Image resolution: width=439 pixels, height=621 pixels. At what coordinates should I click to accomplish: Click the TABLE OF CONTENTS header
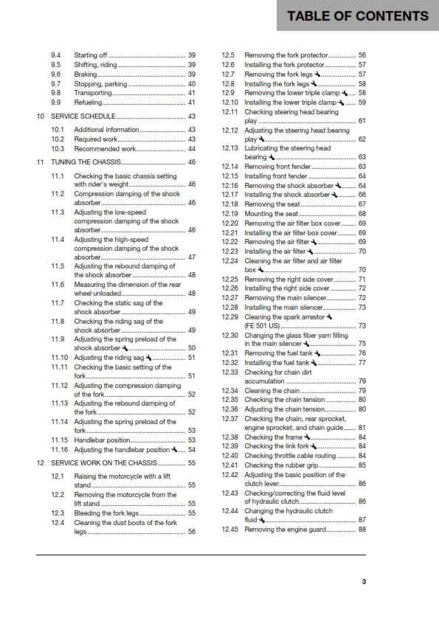point(357,15)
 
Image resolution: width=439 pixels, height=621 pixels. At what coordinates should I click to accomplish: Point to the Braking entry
point(88,74)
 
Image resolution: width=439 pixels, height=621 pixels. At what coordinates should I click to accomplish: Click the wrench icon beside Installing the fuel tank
point(313,363)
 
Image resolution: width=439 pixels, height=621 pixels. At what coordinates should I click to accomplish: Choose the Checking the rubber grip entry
point(281,465)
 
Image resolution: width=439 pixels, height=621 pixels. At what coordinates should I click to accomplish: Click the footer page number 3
point(364,581)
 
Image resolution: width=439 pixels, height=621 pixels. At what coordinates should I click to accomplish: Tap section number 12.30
point(230,335)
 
